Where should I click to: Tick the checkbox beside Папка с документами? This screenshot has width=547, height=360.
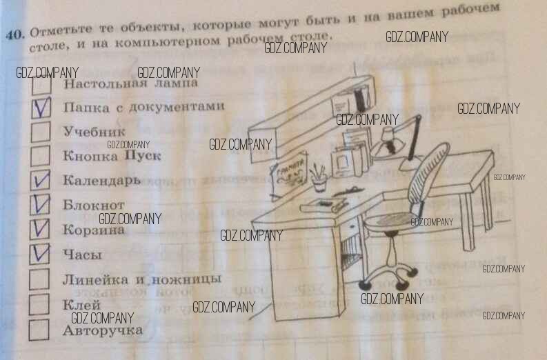tap(41, 109)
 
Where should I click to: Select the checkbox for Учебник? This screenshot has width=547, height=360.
tap(41, 132)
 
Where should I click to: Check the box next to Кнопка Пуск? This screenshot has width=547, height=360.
tap(41, 156)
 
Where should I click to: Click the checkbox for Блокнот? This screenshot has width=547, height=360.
tap(41, 205)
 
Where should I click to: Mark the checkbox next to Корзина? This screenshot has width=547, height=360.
tap(41, 229)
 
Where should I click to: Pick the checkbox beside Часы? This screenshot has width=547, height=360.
tap(41, 254)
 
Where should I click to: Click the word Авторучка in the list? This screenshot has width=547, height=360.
tap(103, 330)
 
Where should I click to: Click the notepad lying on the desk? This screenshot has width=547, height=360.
tap(323, 204)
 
